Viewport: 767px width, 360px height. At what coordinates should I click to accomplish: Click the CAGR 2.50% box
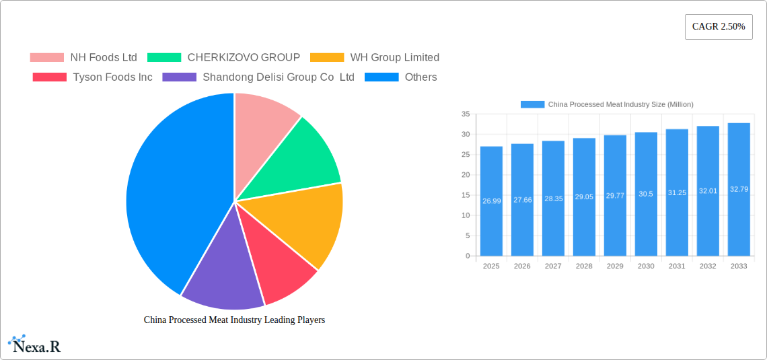(719, 27)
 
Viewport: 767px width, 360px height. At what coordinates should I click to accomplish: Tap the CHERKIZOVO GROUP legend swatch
(164, 58)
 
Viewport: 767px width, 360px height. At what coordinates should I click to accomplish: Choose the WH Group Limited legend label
(394, 58)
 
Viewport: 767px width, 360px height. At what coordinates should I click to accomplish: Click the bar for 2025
(491, 202)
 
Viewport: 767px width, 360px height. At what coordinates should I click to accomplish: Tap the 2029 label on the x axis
(615, 266)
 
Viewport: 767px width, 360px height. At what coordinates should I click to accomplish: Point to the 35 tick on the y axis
(466, 114)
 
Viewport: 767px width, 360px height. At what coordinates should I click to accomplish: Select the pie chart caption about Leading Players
(234, 320)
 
